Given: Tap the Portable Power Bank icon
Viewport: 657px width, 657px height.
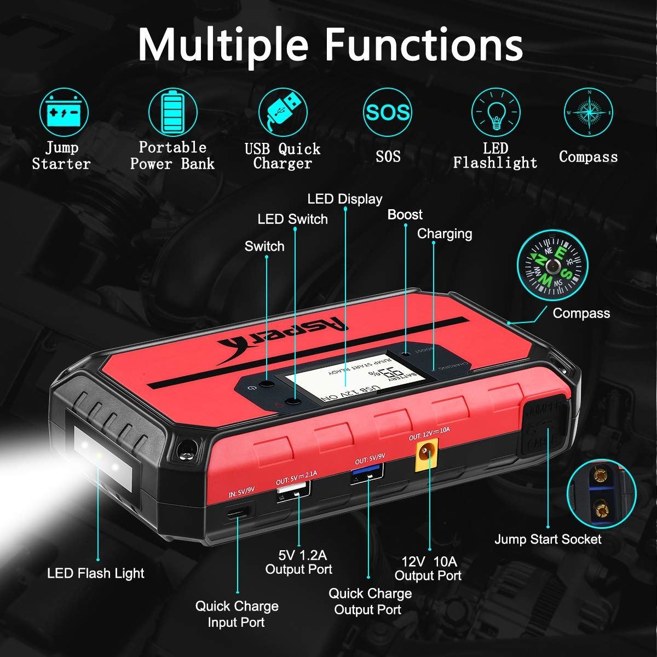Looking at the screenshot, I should click(x=172, y=113).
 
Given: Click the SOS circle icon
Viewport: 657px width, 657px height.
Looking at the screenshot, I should click(x=388, y=113).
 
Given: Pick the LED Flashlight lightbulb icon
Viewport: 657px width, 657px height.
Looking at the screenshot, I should click(x=495, y=113).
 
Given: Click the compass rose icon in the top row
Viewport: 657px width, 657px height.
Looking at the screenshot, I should click(x=589, y=113).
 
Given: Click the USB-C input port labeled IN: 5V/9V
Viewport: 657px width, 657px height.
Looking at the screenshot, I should click(x=239, y=511).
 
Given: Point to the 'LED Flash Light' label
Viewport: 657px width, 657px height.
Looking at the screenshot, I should click(x=96, y=573).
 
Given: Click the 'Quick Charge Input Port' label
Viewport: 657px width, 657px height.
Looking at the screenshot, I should click(x=237, y=614).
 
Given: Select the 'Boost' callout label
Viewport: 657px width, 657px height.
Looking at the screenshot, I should click(x=405, y=215).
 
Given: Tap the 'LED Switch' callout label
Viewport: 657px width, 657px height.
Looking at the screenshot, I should click(x=292, y=219).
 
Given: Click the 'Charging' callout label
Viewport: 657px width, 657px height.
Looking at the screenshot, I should click(x=444, y=234).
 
